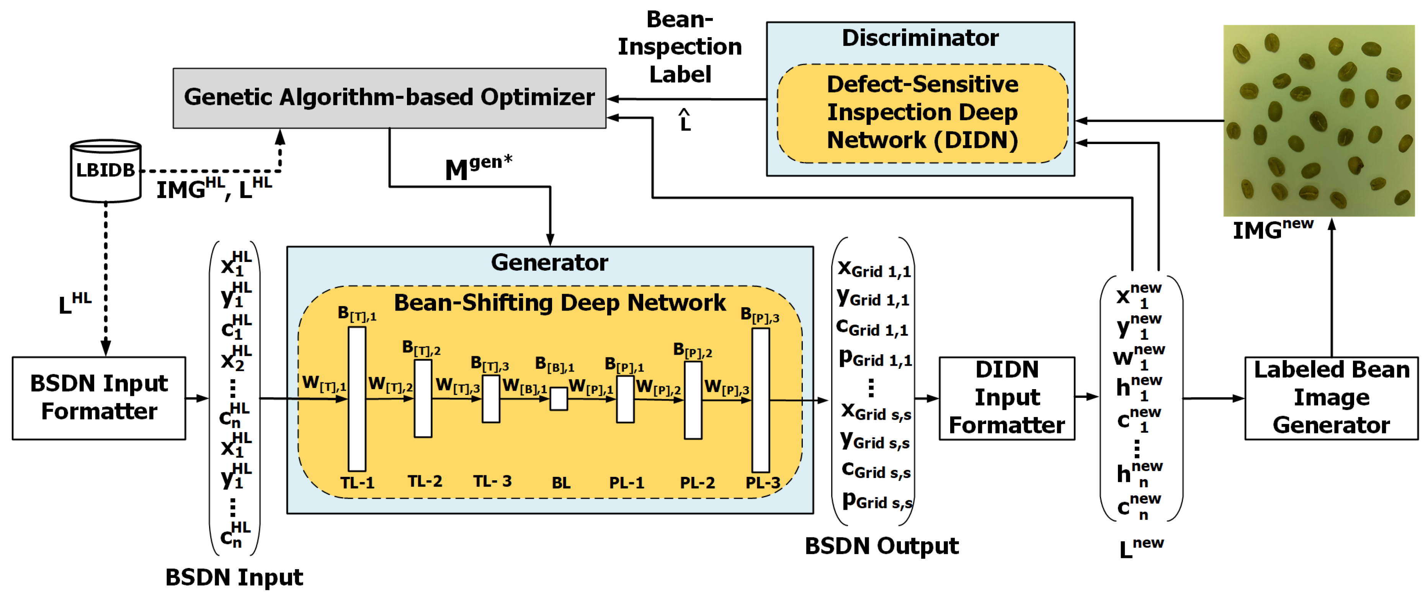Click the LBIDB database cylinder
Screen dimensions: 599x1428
coord(105,170)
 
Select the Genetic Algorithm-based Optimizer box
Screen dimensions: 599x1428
coord(389,98)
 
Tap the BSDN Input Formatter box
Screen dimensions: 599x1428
coord(99,398)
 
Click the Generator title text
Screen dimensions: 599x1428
coord(549,262)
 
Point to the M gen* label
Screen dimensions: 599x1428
coord(478,167)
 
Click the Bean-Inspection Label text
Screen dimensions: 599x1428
coord(680,47)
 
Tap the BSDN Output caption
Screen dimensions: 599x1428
coord(881,546)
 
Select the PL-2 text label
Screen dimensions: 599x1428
coord(697,483)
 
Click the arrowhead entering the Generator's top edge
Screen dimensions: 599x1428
coord(550,240)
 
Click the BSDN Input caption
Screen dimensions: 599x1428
coord(234,578)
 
